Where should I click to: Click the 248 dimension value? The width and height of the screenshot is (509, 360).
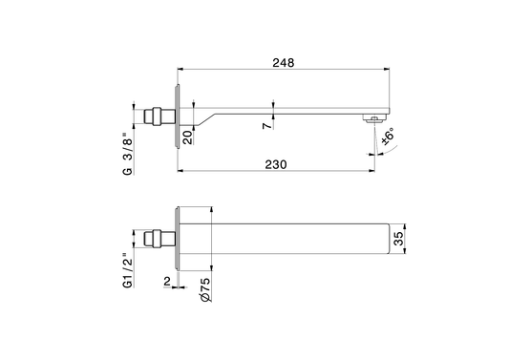[283, 63]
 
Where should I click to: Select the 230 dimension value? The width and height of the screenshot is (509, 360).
[276, 164]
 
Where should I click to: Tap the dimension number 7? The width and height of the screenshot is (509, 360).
[267, 125]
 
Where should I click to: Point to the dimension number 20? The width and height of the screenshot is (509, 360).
[188, 138]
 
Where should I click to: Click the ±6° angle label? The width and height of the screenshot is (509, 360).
[389, 136]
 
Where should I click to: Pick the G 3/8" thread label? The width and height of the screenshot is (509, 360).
[128, 153]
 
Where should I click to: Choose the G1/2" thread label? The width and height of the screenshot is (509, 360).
[128, 269]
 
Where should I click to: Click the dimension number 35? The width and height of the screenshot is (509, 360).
[398, 239]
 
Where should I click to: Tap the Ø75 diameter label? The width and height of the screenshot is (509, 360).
[205, 290]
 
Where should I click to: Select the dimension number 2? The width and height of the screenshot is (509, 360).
[167, 282]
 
